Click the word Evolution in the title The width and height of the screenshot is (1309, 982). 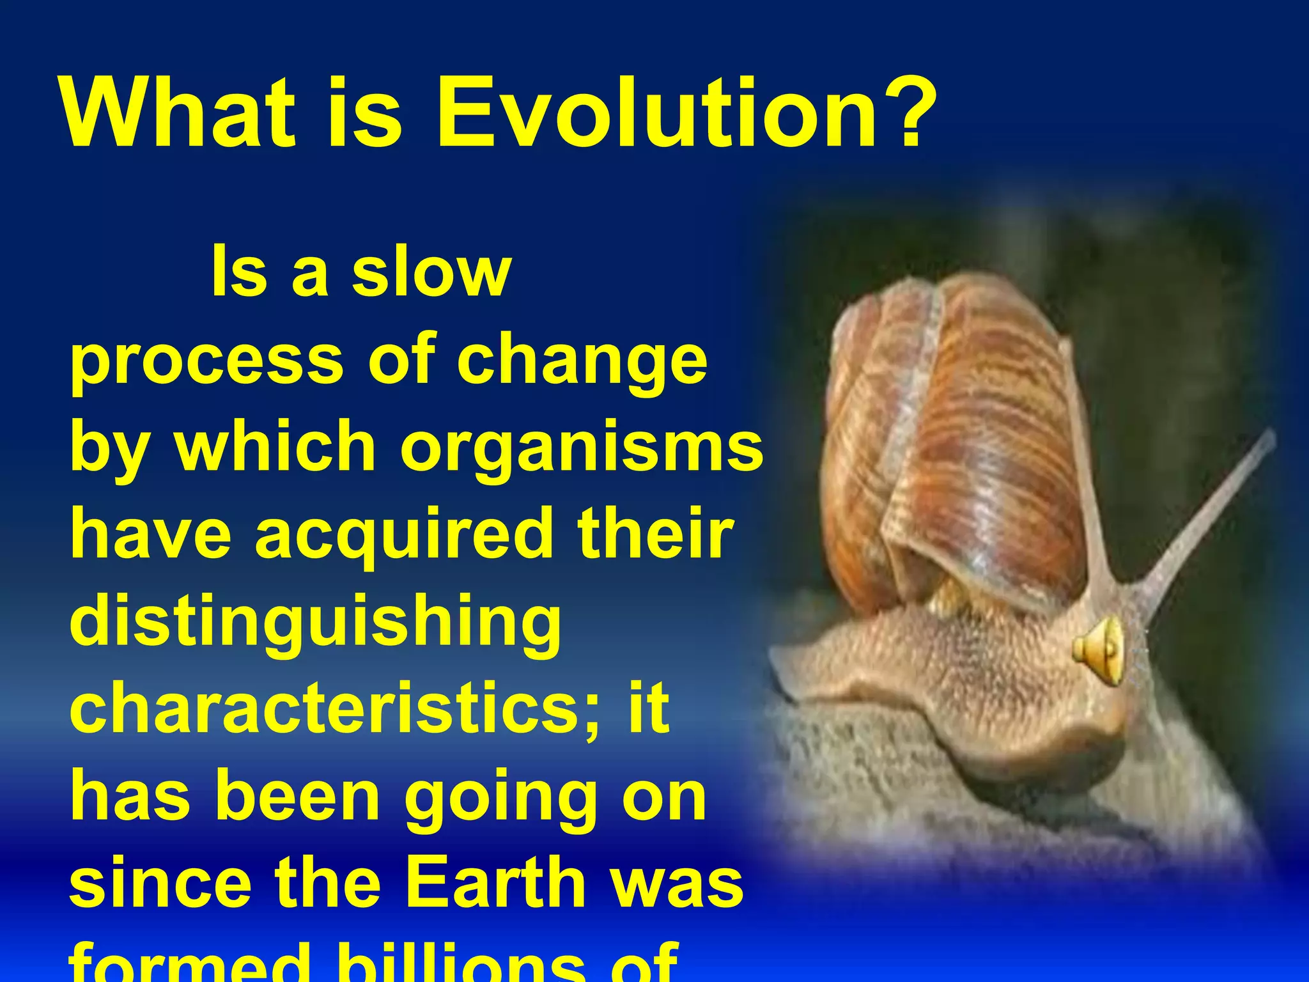click(652, 114)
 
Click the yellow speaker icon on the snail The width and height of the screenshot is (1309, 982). click(1098, 651)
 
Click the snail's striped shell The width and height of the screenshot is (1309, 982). click(959, 441)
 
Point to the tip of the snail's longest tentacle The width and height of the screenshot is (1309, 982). click(1269, 438)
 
